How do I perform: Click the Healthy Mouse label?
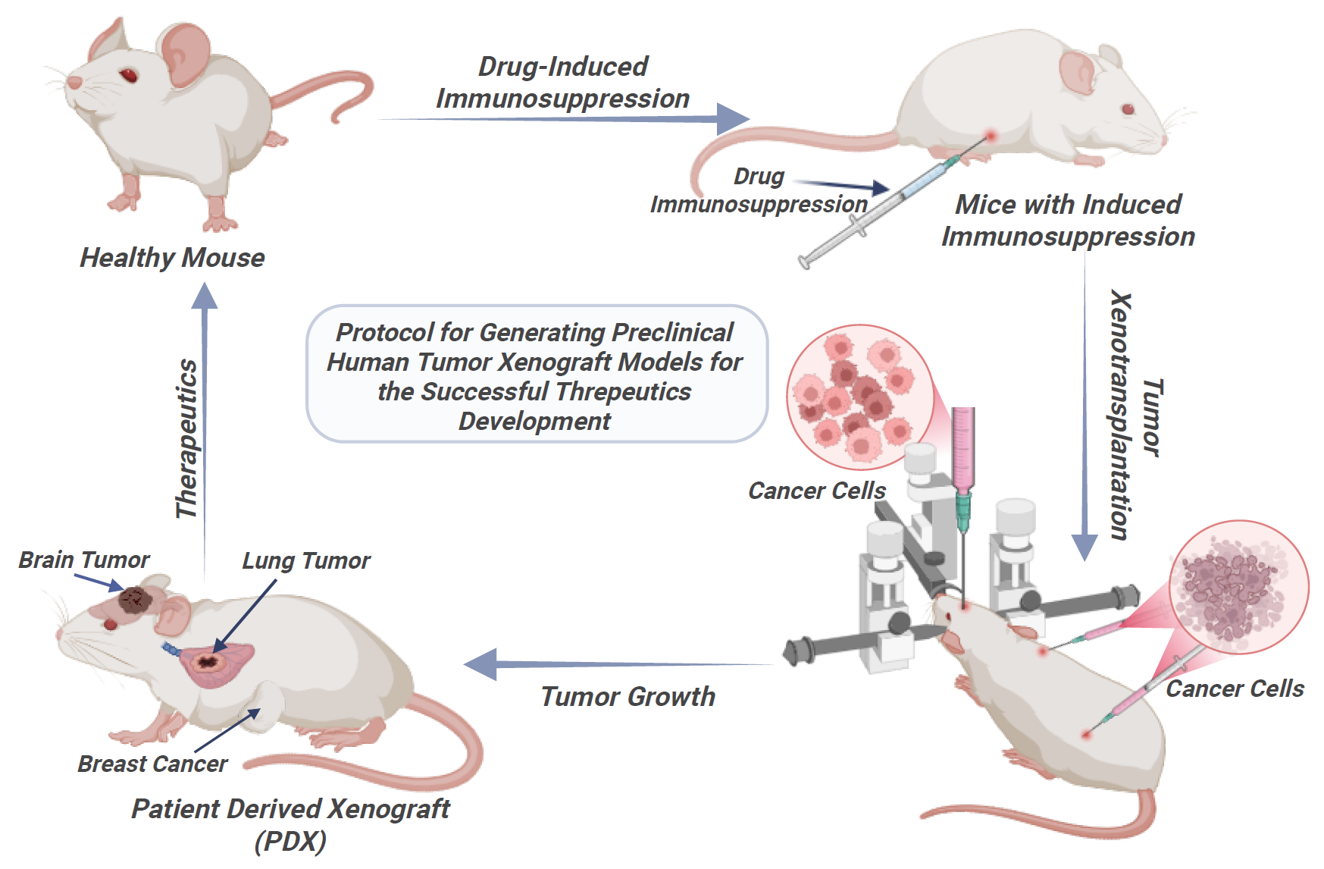point(172,258)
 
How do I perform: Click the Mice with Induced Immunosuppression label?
point(1068,220)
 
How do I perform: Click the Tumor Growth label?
point(628,696)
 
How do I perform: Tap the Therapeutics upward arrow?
point(204,425)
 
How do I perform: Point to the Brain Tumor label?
point(84,560)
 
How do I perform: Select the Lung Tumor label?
point(305,560)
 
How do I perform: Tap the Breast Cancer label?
point(152,764)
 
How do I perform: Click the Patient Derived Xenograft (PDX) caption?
point(290,824)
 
